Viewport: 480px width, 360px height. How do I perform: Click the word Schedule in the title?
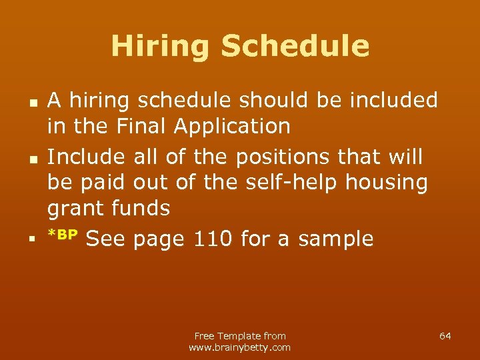pyautogui.click(x=295, y=46)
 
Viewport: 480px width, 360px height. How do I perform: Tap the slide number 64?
pyautogui.click(x=445, y=336)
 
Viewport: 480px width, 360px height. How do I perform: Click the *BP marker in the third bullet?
pyautogui.click(x=63, y=235)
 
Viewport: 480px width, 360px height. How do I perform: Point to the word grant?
pyautogui.click(x=74, y=209)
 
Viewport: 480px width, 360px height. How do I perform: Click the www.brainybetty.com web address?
pyautogui.click(x=240, y=347)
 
